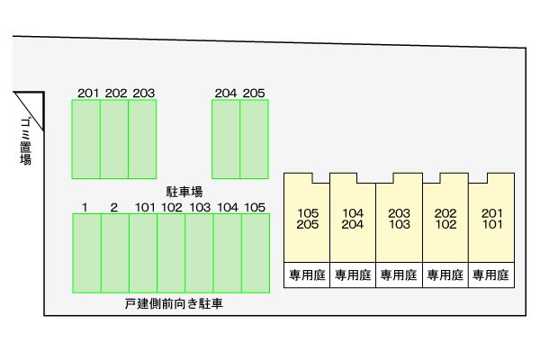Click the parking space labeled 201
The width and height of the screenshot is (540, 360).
point(86,139)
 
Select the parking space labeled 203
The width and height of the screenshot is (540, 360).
point(142,139)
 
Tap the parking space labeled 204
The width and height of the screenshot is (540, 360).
point(226,139)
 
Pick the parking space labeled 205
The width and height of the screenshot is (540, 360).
point(254,139)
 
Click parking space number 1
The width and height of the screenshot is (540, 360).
point(86,253)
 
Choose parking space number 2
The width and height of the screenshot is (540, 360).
point(115,253)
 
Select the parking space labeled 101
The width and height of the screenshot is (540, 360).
point(143,253)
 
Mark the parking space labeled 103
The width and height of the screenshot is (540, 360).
point(199,253)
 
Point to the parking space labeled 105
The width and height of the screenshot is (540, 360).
point(256,253)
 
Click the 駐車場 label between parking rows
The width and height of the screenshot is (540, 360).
point(184,192)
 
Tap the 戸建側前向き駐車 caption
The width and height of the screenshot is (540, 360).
point(174,304)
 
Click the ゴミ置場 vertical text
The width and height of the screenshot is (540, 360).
point(26,141)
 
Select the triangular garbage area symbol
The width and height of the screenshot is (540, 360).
point(31,110)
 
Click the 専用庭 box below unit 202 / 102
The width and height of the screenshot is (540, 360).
point(445,274)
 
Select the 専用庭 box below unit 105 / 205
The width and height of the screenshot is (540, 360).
point(307,274)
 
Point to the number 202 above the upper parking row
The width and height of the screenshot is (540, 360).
point(116,93)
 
